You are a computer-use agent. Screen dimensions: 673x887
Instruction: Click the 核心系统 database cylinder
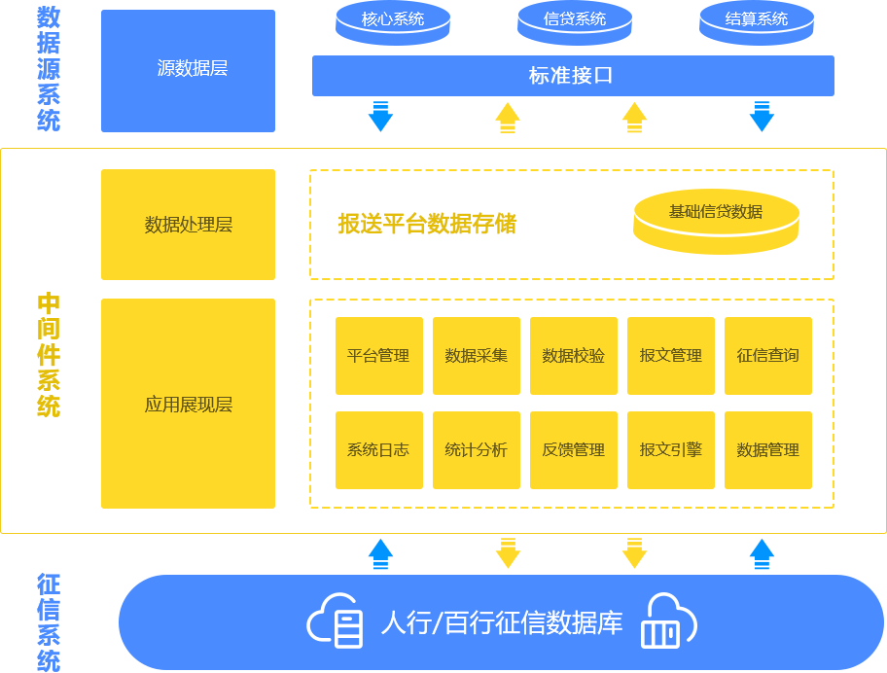(393, 21)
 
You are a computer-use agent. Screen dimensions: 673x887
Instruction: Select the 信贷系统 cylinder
(575, 21)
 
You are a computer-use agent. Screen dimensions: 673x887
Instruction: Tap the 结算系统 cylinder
(757, 21)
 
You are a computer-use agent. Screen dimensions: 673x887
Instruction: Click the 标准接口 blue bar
(573, 76)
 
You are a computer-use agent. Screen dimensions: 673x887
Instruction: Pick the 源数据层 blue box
(188, 70)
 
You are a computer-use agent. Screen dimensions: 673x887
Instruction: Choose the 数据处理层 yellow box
(188, 225)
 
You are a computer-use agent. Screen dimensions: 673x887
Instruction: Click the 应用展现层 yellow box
(188, 404)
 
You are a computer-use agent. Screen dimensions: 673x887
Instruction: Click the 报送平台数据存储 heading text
(427, 225)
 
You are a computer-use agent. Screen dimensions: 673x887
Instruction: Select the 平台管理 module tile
(378, 356)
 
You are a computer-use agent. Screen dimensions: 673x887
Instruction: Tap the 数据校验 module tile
(573, 356)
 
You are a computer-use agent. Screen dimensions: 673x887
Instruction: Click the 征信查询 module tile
(767, 356)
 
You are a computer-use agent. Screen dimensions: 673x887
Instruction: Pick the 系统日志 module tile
(378, 450)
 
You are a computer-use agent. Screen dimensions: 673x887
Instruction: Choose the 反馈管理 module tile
(573, 450)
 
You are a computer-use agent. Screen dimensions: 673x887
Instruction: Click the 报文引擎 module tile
(670, 450)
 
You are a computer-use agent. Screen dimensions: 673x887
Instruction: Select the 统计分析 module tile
(476, 450)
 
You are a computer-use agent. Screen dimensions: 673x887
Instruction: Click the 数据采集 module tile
(476, 356)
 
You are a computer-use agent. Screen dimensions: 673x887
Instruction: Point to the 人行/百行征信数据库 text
(501, 622)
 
